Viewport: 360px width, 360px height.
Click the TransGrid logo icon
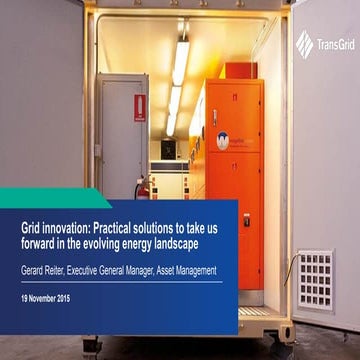coord(304,42)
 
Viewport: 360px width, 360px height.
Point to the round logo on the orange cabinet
coord(223,140)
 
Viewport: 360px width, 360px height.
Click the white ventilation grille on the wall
coord(315,279)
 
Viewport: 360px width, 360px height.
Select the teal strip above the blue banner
coord(50,196)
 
